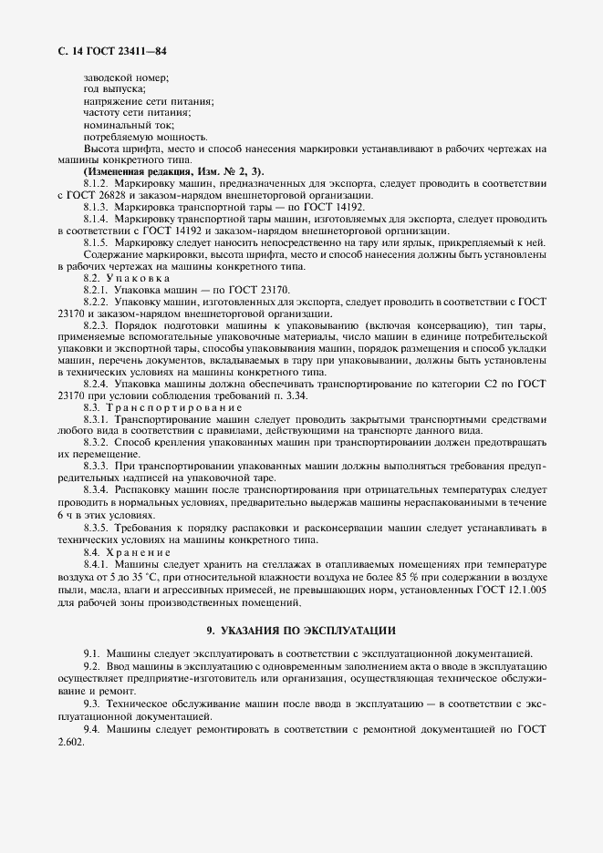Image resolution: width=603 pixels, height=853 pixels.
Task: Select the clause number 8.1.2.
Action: pos(97,183)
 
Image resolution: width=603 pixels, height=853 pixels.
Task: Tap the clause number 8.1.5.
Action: pos(97,242)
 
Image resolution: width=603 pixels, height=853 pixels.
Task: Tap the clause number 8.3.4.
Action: pos(97,488)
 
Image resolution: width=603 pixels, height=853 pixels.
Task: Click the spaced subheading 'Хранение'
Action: pos(138,552)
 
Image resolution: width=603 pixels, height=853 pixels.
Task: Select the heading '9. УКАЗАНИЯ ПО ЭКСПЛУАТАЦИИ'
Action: pos(301,630)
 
